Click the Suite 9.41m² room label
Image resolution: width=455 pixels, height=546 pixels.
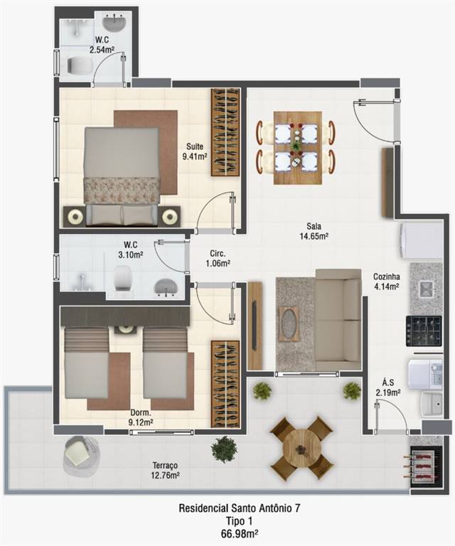pos(195,151)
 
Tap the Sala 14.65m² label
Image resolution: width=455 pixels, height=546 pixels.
pos(314,231)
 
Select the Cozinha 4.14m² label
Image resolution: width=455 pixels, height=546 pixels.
pos(387,282)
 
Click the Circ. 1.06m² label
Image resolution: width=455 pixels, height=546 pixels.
pos(218,258)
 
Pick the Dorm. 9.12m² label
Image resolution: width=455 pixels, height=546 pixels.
pos(141,417)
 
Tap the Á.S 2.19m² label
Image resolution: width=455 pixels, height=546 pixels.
pos(387,387)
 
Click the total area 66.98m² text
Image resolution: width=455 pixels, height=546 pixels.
pos(239,532)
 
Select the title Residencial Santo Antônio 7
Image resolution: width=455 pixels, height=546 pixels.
pos(239,508)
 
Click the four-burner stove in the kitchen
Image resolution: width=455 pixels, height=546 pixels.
pos(424,331)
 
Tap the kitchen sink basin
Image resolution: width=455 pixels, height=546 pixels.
pos(425,289)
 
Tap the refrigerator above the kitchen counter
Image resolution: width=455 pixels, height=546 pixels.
pos(422,240)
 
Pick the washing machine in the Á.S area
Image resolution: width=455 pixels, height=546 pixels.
pos(425,375)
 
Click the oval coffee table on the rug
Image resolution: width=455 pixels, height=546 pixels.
pos(288,324)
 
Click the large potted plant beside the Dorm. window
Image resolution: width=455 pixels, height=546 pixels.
pos(224,449)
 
